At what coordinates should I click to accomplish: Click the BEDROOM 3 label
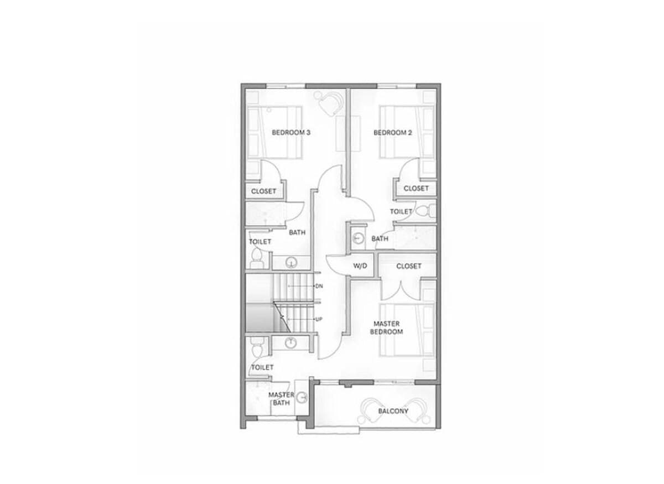290,133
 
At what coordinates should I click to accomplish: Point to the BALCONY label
393,412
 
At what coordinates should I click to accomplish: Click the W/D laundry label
360,266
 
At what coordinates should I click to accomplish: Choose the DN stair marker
319,286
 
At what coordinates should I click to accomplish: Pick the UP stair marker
319,320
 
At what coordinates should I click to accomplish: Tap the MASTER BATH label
281,399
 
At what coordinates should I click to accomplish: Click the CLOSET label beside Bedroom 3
263,191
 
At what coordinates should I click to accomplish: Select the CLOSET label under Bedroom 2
416,189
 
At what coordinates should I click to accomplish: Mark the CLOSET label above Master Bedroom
409,266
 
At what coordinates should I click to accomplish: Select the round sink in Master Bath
302,397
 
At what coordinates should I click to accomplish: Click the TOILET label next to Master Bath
262,367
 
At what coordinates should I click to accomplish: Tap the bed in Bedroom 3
273,133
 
